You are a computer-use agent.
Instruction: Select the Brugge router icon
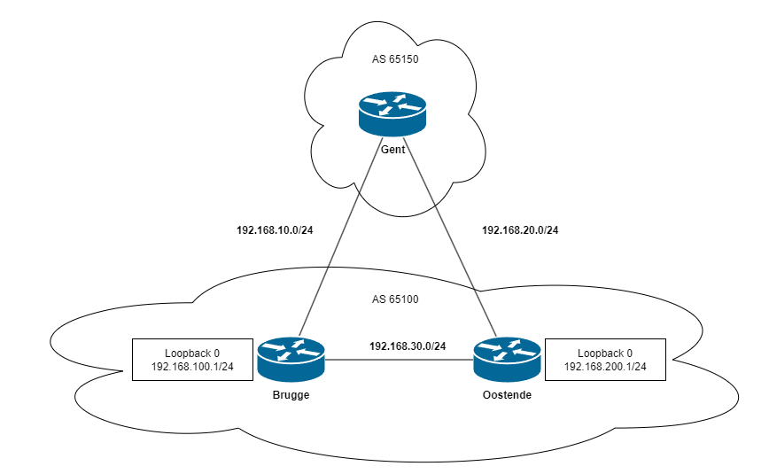291,359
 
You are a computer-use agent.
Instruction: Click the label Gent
392,150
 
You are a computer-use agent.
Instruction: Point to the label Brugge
291,395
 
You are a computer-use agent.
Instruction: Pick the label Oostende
506,395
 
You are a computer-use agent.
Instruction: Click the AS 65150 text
394,61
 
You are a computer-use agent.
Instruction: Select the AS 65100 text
394,299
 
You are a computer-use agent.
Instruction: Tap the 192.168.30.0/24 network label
408,346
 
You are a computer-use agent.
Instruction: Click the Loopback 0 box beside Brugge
192,359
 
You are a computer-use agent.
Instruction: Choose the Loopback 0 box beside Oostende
605,359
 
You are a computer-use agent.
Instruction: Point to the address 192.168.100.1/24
192,367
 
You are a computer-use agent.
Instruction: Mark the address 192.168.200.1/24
605,367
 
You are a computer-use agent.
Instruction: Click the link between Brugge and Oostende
399,360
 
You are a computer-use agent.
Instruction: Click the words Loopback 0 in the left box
192,352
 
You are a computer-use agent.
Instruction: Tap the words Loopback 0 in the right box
605,352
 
